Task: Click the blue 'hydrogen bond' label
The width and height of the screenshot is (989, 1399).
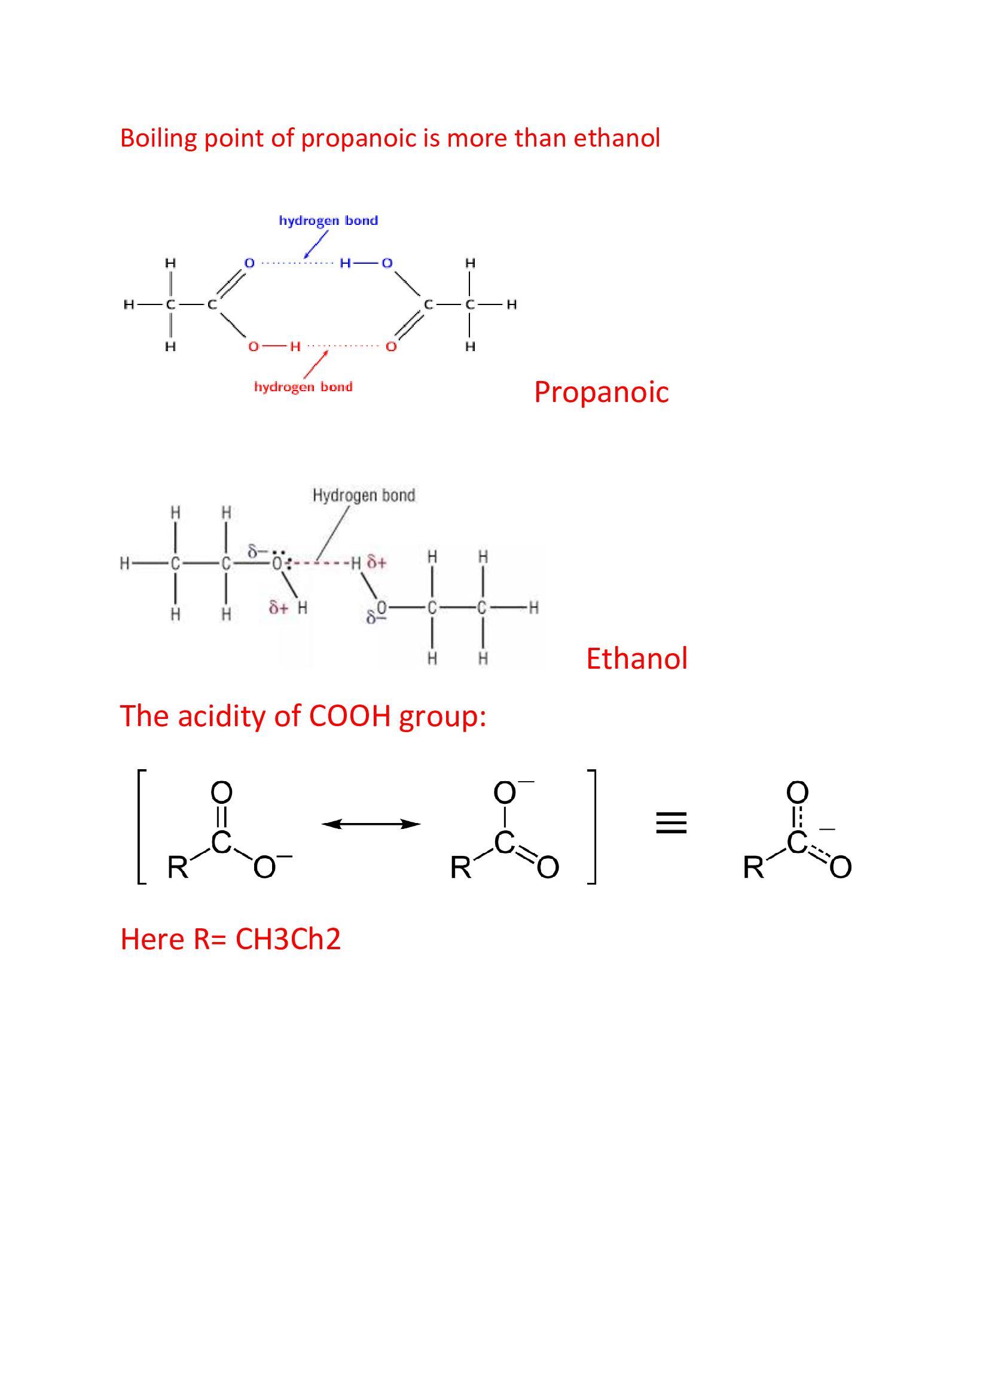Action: coord(328,221)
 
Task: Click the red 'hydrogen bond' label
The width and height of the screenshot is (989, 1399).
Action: coord(303,387)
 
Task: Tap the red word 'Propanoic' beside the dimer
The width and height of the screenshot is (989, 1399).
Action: coord(601,392)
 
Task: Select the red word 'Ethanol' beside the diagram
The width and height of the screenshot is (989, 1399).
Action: coord(636,659)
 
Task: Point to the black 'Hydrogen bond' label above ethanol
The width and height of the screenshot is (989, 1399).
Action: coord(364,495)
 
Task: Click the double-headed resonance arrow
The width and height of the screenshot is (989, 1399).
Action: coord(371,824)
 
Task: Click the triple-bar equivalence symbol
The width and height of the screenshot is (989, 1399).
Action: coord(671,823)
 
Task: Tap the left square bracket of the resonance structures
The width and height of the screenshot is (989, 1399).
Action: coord(141,827)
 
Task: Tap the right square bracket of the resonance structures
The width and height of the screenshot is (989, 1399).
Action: coord(592,827)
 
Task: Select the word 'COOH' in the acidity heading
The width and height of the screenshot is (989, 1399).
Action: coord(349,716)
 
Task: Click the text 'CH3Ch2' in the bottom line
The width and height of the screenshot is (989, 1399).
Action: coord(288,939)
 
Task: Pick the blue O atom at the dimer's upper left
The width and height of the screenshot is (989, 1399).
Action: coord(249,263)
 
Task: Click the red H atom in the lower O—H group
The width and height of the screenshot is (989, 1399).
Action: coord(295,347)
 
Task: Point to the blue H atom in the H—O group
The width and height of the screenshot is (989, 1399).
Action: coord(345,263)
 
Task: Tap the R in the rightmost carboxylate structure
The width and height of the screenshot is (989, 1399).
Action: coord(753,867)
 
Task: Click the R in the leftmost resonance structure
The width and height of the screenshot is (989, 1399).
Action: coord(178,867)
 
